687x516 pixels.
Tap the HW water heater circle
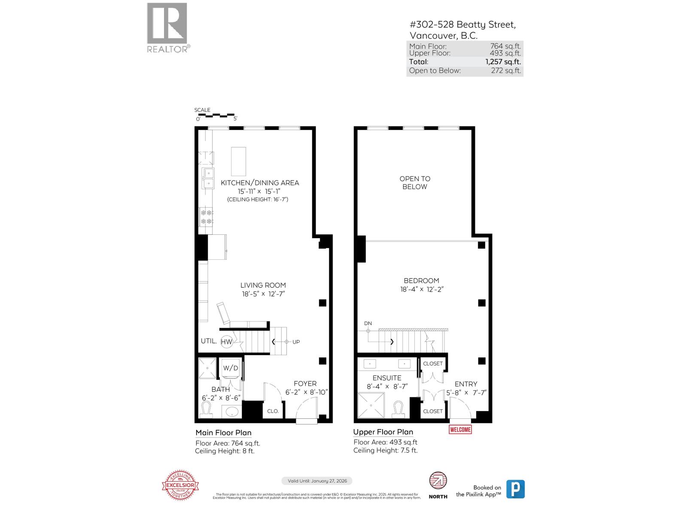tap(226, 342)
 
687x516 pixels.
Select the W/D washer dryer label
tap(231, 368)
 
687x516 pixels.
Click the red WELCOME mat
tap(460, 429)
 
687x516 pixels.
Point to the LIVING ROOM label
tap(263, 285)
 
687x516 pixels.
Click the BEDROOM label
tap(421, 280)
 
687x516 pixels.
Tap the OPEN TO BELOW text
tap(415, 183)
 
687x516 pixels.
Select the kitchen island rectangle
tap(239, 161)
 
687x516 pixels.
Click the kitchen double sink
tap(208, 178)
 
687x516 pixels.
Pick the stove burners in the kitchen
tap(206, 217)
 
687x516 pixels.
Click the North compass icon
tap(438, 481)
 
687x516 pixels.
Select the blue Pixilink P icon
tap(515, 489)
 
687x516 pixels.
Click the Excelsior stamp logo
tap(181, 485)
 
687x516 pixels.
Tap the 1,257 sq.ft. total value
tap(503, 62)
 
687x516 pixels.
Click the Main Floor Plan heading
tap(223, 433)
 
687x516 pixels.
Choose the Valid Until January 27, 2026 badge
tap(317, 481)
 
